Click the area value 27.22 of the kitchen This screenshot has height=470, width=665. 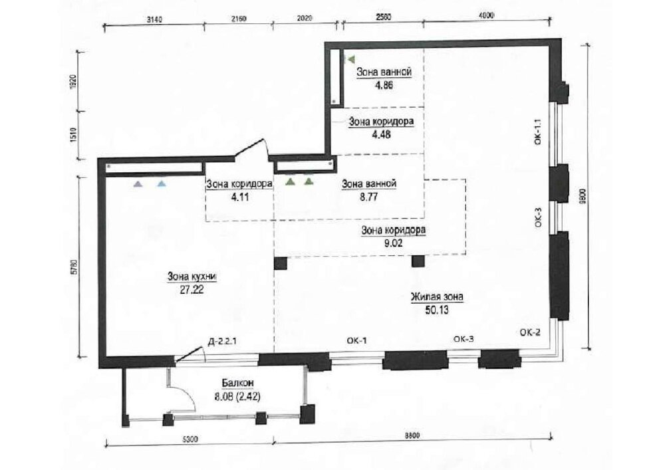click(x=193, y=291)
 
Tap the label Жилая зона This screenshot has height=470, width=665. click(x=436, y=297)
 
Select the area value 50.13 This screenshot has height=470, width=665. click(x=436, y=310)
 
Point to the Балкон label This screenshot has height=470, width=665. click(x=237, y=383)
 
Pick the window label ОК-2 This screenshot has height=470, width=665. click(x=530, y=332)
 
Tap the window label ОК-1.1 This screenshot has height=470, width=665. click(x=538, y=132)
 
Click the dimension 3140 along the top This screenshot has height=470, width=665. click(x=154, y=19)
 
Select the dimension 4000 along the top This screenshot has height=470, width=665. click(x=486, y=16)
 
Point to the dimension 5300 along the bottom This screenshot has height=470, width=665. click(x=189, y=439)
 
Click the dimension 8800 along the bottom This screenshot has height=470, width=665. click(x=412, y=435)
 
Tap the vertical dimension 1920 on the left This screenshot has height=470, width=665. click(x=73, y=80)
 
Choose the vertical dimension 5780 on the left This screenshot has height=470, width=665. click(x=74, y=267)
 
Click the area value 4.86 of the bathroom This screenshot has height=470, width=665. click(x=384, y=85)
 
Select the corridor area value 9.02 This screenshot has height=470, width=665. click(x=393, y=243)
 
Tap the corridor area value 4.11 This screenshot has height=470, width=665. click(x=239, y=197)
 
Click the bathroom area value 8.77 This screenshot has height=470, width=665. click(x=368, y=197)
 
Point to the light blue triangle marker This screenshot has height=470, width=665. click(x=162, y=184)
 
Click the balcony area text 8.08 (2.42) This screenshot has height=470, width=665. click(x=237, y=397)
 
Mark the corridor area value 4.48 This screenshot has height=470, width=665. click(x=381, y=135)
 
